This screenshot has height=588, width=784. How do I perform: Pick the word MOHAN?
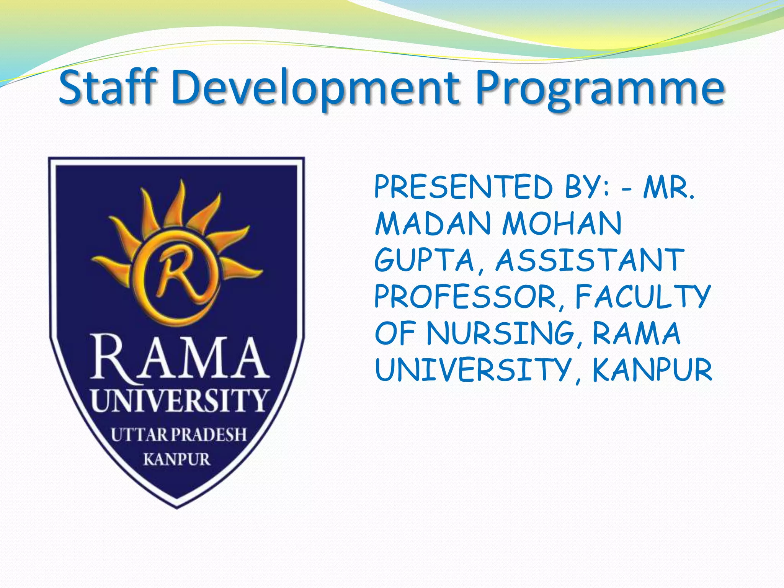click(x=562, y=224)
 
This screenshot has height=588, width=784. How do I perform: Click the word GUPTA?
click(x=425, y=260)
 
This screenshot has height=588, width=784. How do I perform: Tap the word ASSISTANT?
click(x=590, y=260)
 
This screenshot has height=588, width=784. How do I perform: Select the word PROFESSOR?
click(x=465, y=297)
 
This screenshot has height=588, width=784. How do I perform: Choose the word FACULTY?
click(x=643, y=297)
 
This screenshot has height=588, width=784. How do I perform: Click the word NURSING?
click(x=501, y=333)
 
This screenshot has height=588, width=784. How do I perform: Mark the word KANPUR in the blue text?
click(x=652, y=370)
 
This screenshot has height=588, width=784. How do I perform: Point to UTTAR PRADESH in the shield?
click(x=178, y=435)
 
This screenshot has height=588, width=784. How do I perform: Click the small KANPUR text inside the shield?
click(x=177, y=459)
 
